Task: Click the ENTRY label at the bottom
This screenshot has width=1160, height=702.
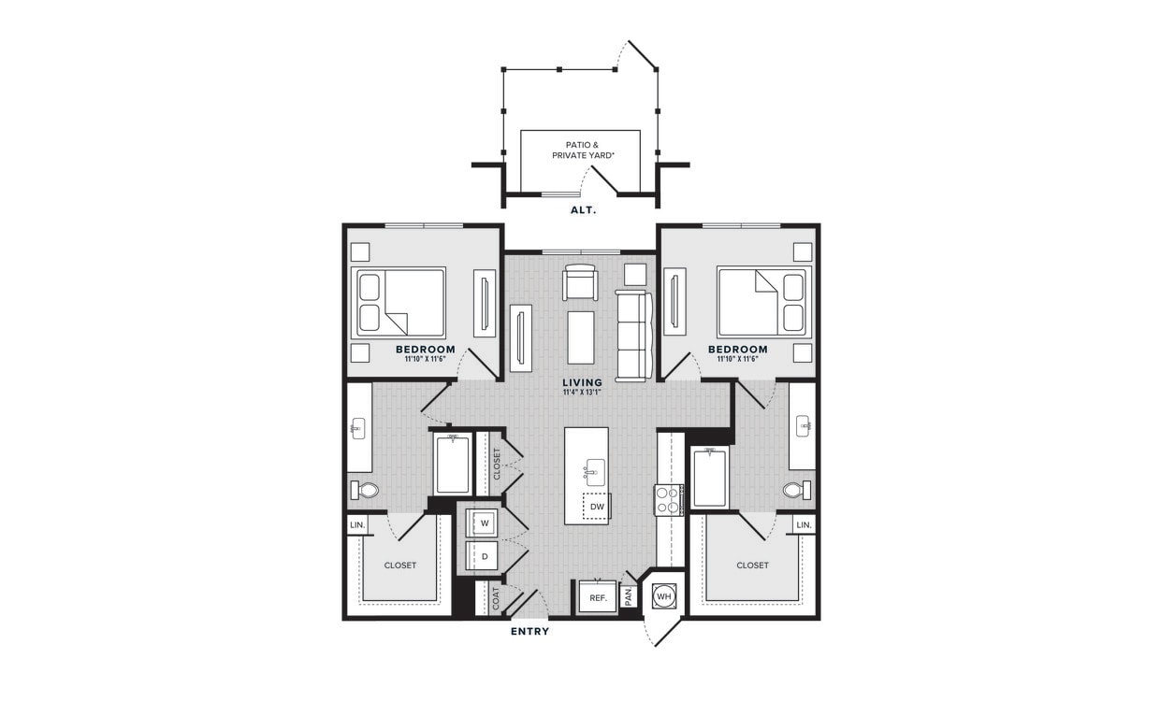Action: (529, 632)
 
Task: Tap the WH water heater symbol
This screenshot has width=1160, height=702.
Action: (664, 595)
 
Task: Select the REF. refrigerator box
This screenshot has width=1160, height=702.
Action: (598, 596)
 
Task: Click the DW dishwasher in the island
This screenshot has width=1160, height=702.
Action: (597, 507)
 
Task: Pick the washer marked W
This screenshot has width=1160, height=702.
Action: (485, 523)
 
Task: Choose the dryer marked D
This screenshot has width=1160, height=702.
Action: (485, 556)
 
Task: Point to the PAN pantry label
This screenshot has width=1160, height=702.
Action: (630, 595)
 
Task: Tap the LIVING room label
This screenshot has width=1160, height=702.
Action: (582, 382)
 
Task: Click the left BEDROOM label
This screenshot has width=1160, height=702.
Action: (425, 350)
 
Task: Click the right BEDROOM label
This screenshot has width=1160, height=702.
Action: (737, 350)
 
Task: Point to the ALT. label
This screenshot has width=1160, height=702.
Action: (583, 210)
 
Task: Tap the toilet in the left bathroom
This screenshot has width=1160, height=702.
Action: (366, 490)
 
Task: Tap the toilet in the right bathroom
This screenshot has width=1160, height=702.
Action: (795, 490)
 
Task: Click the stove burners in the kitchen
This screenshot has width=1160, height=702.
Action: (669, 499)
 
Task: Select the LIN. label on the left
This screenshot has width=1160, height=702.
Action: (357, 525)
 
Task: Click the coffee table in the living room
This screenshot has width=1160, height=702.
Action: (580, 337)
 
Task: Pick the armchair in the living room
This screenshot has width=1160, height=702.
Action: (580, 282)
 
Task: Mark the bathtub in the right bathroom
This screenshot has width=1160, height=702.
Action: (709, 478)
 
